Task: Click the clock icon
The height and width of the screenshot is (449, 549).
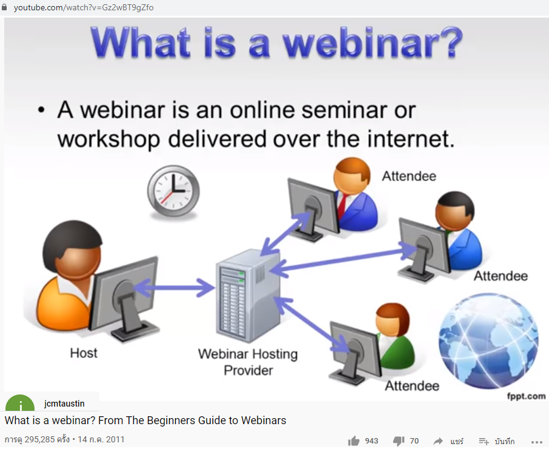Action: tap(173, 191)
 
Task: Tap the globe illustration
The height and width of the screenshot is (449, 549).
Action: tap(488, 341)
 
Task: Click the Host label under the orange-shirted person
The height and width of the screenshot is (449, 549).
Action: tap(84, 353)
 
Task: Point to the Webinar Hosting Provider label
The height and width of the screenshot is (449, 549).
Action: tap(248, 362)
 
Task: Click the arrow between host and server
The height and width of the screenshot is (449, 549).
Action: tap(174, 288)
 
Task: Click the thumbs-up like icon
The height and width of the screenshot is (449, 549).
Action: tap(354, 441)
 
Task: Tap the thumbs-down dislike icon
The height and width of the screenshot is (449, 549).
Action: tap(399, 441)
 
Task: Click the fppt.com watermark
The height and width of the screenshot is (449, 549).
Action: tap(526, 396)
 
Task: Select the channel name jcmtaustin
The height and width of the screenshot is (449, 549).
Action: tap(64, 404)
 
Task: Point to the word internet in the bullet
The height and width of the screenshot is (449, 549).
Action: tap(408, 139)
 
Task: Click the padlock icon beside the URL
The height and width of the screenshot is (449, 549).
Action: tap(4, 7)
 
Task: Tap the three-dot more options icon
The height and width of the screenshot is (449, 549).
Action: tap(536, 442)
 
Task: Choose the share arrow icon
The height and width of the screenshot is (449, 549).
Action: tap(438, 441)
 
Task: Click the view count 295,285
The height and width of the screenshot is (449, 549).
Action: tap(39, 439)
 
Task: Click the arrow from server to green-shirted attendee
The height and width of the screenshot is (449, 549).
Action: tap(312, 324)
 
